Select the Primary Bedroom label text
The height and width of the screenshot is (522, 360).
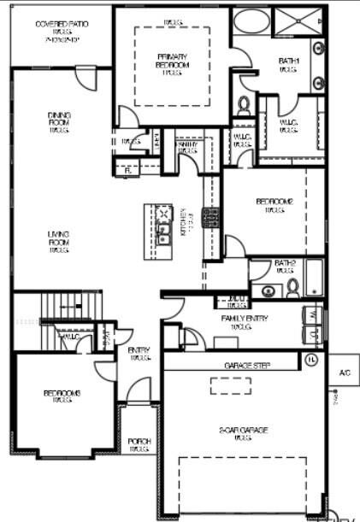click(172, 65)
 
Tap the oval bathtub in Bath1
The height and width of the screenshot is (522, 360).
click(251, 21)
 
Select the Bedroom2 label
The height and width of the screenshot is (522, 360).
click(274, 205)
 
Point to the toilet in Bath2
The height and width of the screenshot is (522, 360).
click(292, 286)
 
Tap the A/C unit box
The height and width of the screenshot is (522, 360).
click(344, 374)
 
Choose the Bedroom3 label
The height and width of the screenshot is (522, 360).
click(62, 396)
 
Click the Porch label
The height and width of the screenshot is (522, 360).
click(139, 443)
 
